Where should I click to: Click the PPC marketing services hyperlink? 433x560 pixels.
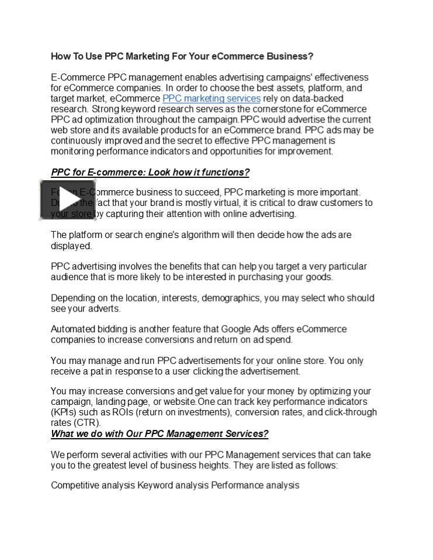click(x=211, y=99)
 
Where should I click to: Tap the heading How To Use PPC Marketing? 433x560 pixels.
click(x=182, y=57)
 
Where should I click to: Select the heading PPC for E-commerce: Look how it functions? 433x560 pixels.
click(x=150, y=173)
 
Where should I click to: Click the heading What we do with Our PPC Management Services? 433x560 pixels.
click(x=160, y=434)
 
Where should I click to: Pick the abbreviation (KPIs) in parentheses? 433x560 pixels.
click(x=63, y=412)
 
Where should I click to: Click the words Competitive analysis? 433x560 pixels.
click(x=93, y=485)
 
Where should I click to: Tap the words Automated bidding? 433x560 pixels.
click(x=86, y=329)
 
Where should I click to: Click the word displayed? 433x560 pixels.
click(x=71, y=246)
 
